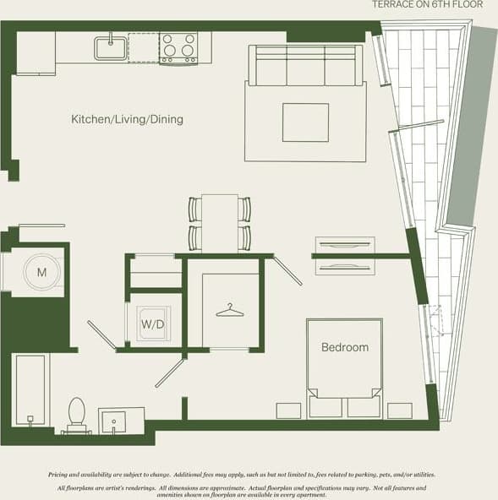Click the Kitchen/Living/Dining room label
tap(127, 120)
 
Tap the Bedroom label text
tap(344, 347)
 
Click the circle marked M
tap(41, 273)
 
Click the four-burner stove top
tap(178, 48)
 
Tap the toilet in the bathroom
tap(77, 415)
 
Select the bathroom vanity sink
tap(113, 420)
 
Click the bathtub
tap(31, 389)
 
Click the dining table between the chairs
tap(220, 221)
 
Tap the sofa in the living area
tap(305, 66)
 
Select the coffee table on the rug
tap(305, 122)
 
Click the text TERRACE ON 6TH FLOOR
tap(428, 5)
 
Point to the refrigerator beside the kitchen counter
tap(36, 53)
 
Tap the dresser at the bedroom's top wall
tap(344, 255)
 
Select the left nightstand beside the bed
tap(288, 410)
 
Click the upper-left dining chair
tap(195, 208)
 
